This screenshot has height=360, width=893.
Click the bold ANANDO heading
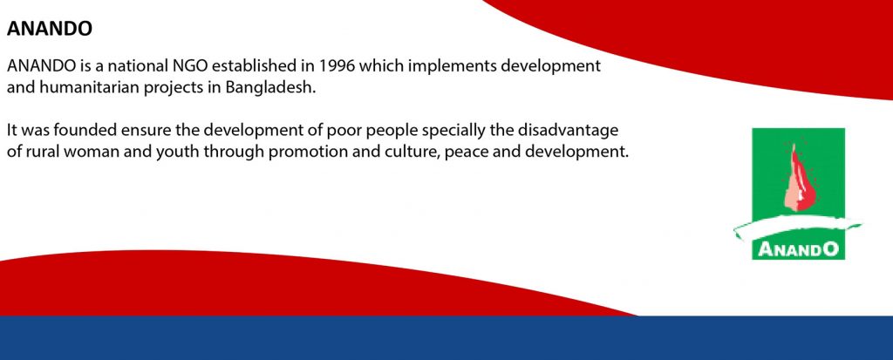50,30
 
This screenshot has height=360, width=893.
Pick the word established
254,66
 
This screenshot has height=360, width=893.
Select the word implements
451,67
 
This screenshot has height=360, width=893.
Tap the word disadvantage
567,132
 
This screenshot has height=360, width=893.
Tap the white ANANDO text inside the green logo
798,249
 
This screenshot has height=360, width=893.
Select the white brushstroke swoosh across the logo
797,228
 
